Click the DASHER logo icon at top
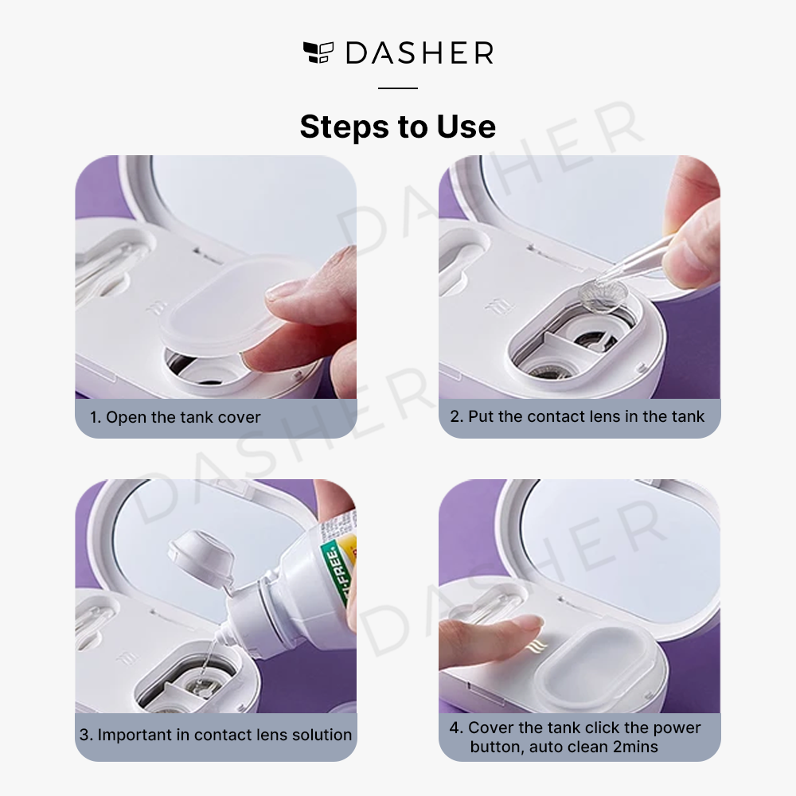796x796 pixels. tap(318, 53)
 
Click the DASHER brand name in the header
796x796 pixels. tap(419, 53)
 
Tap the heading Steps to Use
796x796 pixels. tap(398, 127)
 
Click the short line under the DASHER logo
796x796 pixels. tap(398, 88)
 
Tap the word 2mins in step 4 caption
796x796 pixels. tap(635, 747)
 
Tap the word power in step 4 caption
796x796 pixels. tap(676, 728)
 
